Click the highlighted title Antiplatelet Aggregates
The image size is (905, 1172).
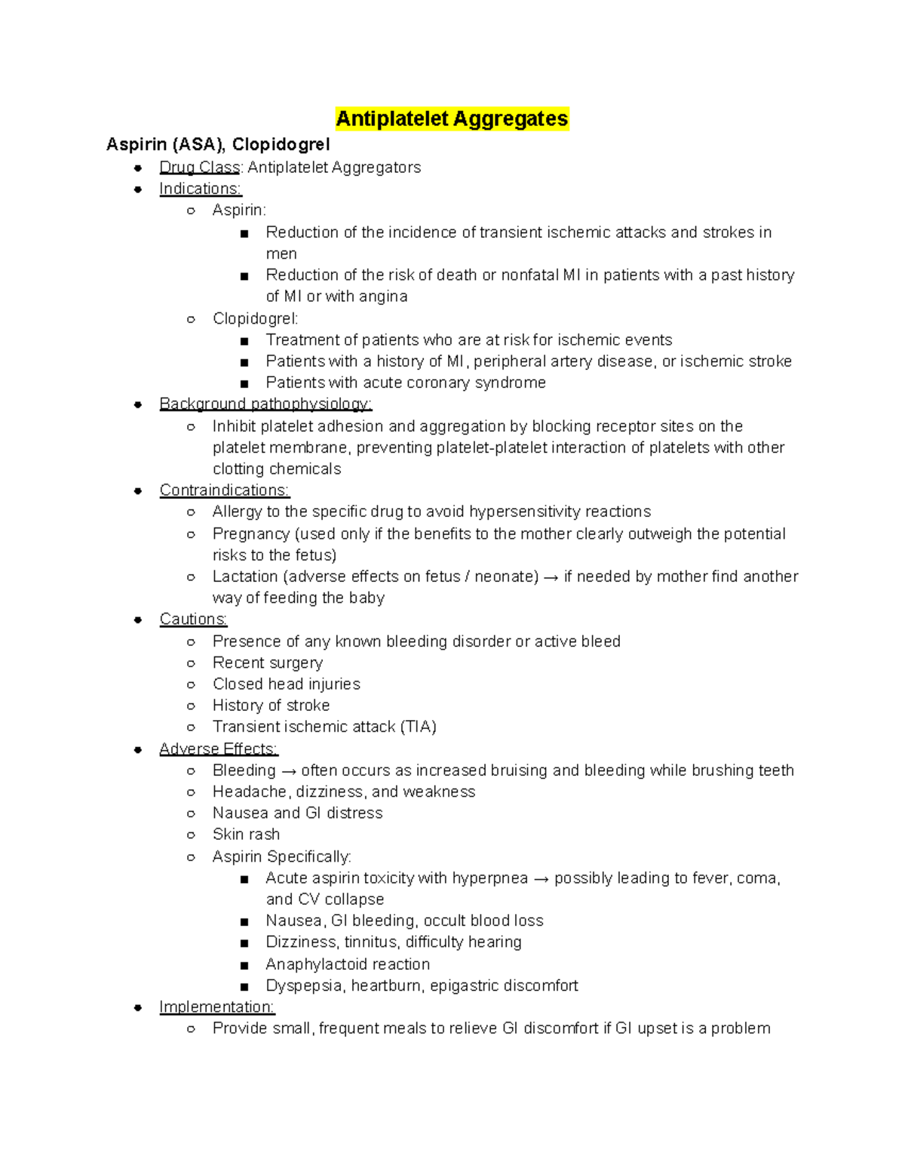[x=452, y=118]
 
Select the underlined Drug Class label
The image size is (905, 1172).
[x=199, y=168]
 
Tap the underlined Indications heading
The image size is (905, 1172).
[x=200, y=189]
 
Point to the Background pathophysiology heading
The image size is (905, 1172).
[x=265, y=404]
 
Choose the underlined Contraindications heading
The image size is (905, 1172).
[x=224, y=490]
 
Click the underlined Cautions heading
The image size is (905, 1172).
[x=193, y=619]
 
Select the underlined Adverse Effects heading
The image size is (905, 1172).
[x=218, y=749]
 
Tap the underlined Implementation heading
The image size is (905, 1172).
[x=216, y=1007]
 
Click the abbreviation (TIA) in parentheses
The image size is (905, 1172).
[x=419, y=727]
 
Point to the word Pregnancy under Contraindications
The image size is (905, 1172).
[x=250, y=534]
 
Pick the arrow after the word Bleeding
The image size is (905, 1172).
[x=289, y=771]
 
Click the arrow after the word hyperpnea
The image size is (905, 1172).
[x=541, y=878]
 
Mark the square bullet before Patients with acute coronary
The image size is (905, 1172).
[x=244, y=383]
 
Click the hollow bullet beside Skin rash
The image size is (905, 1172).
[x=191, y=835]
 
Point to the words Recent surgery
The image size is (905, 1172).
[x=268, y=663]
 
